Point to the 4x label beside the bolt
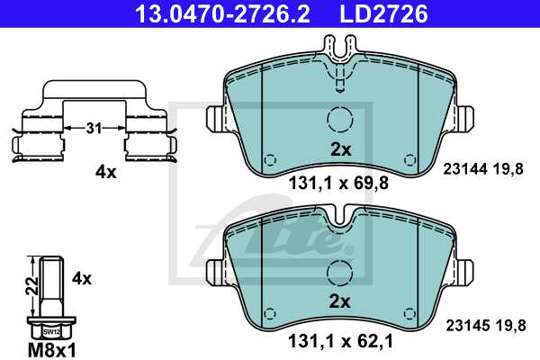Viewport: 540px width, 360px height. tap(82, 279)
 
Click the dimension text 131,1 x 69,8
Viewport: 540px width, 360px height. tap(337, 186)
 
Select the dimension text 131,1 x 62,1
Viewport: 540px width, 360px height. tap(337, 341)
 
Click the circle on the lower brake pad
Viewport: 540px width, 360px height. tap(340, 273)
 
